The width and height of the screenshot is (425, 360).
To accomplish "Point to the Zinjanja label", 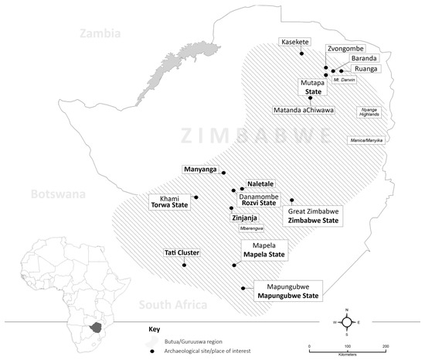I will [244, 218].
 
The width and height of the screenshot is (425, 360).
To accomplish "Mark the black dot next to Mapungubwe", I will [244, 289].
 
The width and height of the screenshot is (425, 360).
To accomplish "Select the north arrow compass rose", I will [348, 322].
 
